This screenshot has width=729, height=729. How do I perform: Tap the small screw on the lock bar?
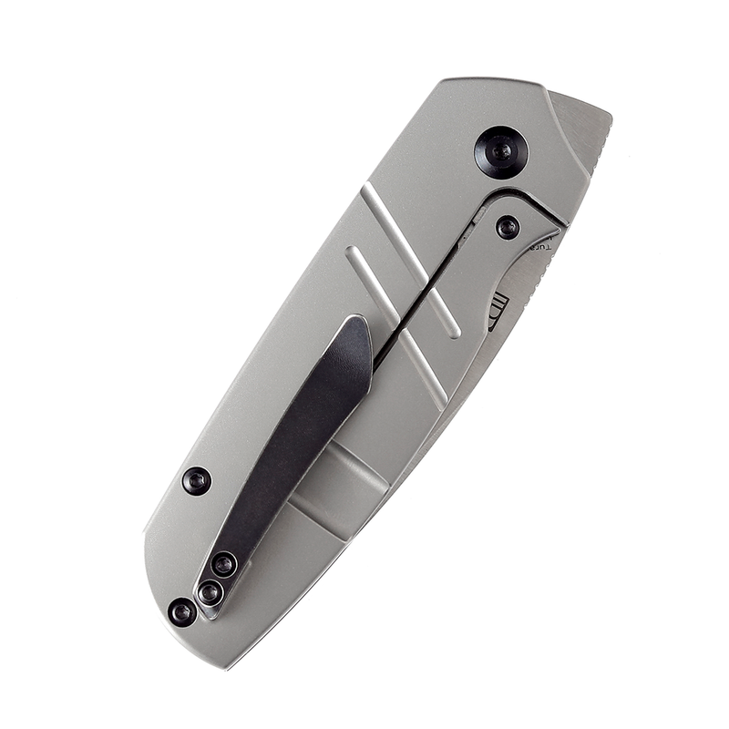coord(508,227)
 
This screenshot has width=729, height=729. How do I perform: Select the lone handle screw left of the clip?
coord(196,480)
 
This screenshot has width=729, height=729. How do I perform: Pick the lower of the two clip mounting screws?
coord(210,593)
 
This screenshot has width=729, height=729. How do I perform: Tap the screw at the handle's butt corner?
coord(182,611)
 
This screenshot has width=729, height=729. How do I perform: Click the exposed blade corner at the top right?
coord(583,118)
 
